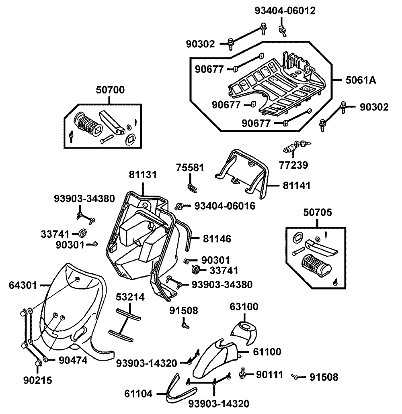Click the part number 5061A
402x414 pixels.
click(x=361, y=80)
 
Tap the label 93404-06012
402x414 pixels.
click(x=285, y=11)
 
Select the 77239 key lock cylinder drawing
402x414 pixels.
click(x=296, y=147)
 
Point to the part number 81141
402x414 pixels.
click(x=297, y=186)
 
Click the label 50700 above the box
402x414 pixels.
click(x=110, y=90)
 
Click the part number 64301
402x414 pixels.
click(x=23, y=285)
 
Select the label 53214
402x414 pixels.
click(x=130, y=297)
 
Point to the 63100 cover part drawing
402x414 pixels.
click(x=244, y=332)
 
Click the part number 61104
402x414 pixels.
click(x=139, y=394)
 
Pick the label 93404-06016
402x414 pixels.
click(x=225, y=206)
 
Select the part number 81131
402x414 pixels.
click(x=143, y=175)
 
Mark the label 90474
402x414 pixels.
click(x=73, y=360)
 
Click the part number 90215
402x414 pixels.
click(x=38, y=380)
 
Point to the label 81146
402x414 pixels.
click(x=217, y=239)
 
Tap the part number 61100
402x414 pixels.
click(x=267, y=352)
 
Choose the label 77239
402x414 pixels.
click(x=293, y=165)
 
